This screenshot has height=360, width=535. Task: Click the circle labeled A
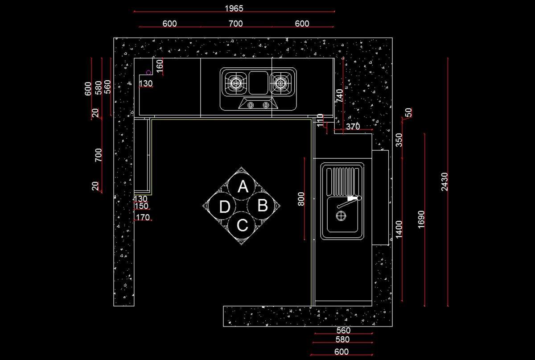243,186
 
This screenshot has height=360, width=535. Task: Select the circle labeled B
263,206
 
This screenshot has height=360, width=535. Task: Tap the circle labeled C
242,225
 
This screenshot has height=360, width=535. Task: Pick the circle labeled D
224,207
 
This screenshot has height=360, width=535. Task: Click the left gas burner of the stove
236,83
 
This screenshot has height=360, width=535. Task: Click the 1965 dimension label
234,8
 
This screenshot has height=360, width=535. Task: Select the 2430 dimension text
444,182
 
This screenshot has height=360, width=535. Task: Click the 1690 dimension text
421,219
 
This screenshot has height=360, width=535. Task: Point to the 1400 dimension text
399,229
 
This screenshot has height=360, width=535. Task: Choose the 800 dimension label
301,199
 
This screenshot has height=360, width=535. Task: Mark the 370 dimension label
353,127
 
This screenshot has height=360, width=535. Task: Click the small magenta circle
149,72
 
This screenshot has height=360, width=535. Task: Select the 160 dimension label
160,66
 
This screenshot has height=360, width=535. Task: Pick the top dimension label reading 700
235,24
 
